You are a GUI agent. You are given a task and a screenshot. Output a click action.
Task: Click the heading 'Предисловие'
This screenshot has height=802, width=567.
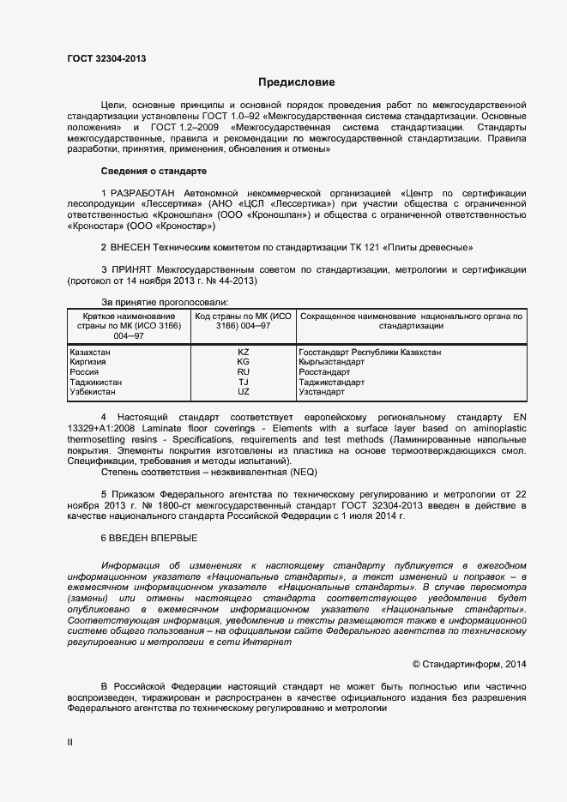tap(296, 82)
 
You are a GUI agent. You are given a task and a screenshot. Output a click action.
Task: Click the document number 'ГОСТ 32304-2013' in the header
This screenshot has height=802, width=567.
tap(106, 59)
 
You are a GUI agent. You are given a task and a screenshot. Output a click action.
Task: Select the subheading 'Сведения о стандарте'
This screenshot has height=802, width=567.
tap(154, 171)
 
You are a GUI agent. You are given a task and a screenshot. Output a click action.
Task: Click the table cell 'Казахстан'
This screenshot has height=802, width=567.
tap(91, 353)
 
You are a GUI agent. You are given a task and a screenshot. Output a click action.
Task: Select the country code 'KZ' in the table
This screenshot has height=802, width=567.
tap(243, 353)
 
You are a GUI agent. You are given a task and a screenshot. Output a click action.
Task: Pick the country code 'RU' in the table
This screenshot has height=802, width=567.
tap(243, 372)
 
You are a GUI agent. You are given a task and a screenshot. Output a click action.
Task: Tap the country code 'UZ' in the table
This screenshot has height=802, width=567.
tap(243, 392)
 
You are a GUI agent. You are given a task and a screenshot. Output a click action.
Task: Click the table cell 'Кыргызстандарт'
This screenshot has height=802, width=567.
tap(332, 362)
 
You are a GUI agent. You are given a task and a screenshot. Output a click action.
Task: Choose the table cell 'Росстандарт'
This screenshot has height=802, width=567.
tap(324, 372)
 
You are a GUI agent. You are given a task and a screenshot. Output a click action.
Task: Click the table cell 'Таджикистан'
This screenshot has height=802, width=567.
tap(95, 383)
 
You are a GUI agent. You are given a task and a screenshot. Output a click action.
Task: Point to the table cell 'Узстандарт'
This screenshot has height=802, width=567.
tap(322, 392)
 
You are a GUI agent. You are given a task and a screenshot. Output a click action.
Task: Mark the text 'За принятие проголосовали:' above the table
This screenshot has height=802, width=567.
tap(165, 303)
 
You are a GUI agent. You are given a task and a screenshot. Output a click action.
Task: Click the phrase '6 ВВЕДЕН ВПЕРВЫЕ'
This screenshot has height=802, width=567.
tap(149, 538)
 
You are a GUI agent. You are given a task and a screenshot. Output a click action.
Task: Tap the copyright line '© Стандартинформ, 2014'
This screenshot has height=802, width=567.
tap(469, 663)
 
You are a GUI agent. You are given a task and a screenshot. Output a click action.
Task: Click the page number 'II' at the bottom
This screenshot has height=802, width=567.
tap(70, 742)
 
